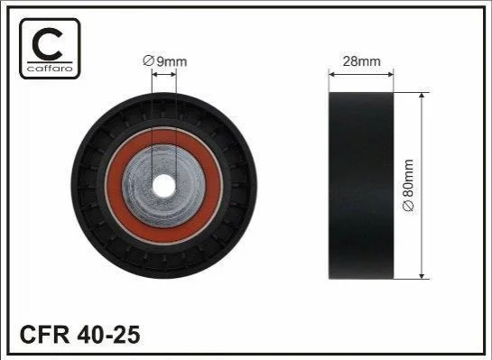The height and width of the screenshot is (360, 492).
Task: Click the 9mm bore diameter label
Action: tap(165, 60)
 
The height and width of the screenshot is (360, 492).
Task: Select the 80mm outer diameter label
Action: tap(409, 185)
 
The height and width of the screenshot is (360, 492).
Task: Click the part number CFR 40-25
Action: tap(79, 335)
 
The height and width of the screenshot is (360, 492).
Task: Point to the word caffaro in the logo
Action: tap(50, 68)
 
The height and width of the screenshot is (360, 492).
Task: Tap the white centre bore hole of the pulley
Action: tap(163, 186)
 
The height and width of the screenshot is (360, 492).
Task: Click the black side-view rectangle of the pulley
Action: tap(361, 185)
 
